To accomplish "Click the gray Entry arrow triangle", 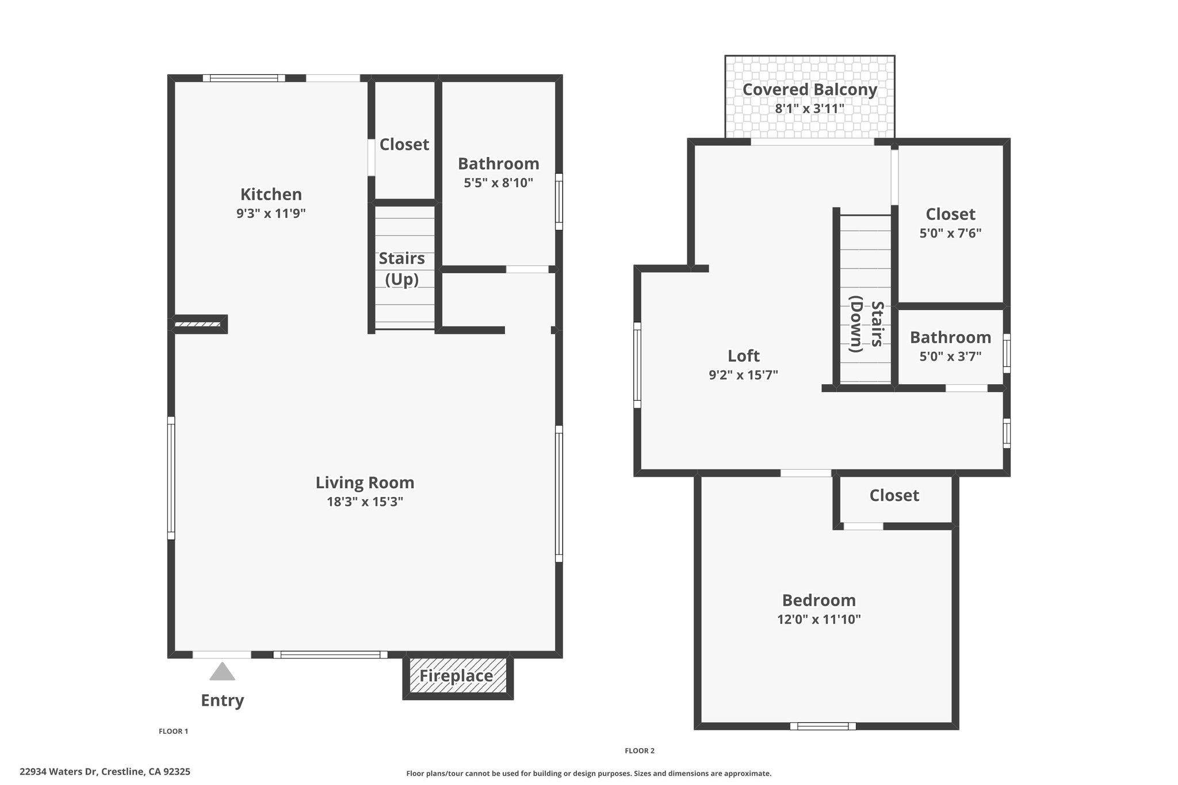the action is (x=222, y=672).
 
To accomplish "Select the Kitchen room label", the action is (x=271, y=194).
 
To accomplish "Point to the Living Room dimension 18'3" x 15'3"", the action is (x=365, y=501).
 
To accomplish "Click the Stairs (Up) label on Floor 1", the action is (x=401, y=269).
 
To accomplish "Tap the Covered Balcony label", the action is (x=809, y=90).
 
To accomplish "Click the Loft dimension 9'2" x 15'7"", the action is (x=743, y=375).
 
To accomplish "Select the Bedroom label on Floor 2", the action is (x=819, y=600).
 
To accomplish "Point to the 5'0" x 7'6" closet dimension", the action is (x=950, y=233).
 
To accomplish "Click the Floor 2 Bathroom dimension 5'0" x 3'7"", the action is (x=950, y=357).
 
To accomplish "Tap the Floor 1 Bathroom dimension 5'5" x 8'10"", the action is (x=499, y=183).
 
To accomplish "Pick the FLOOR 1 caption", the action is (x=173, y=732).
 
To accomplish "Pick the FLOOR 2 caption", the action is (x=640, y=750).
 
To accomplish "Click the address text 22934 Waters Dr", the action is (x=58, y=772).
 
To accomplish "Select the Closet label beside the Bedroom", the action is (x=894, y=496).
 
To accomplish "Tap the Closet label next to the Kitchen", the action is (x=404, y=144).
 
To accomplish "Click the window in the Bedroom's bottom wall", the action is (x=823, y=726).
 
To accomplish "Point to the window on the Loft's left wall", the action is (x=637, y=365).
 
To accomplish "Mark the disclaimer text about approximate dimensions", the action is (x=588, y=773).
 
